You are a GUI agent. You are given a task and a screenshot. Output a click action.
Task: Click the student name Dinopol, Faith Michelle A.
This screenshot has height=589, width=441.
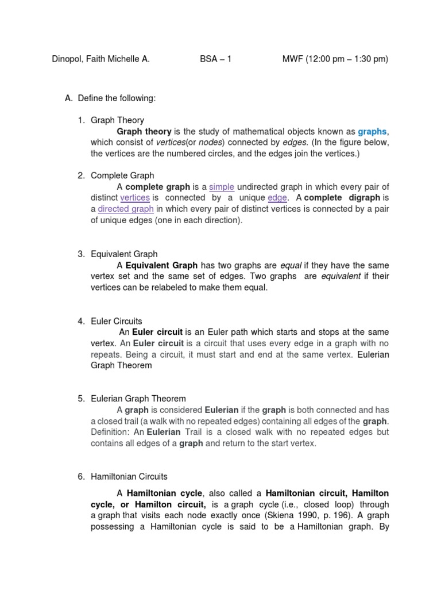100,59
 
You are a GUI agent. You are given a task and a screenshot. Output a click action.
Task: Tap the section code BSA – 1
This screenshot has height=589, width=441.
215,59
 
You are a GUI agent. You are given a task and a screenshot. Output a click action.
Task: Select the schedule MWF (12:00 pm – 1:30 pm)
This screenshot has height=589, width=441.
335,59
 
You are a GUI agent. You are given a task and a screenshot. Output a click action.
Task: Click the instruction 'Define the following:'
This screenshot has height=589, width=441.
117,98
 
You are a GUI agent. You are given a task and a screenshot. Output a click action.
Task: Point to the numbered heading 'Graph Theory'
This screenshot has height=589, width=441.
117,120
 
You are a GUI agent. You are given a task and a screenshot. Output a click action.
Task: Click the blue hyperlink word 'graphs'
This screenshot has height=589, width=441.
372,131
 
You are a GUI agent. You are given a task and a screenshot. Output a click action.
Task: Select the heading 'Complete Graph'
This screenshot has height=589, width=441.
122,175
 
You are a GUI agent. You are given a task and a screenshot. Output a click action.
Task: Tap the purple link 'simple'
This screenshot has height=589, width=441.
222,187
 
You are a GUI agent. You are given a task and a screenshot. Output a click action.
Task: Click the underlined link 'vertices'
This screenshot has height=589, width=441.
135,198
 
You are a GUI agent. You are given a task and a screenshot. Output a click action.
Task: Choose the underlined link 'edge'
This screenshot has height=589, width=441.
277,198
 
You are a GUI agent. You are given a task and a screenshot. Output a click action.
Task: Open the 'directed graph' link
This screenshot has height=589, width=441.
126,209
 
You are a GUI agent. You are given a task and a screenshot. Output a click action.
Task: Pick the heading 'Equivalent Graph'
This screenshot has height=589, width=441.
124,254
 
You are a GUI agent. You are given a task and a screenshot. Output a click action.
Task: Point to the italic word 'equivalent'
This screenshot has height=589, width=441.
341,276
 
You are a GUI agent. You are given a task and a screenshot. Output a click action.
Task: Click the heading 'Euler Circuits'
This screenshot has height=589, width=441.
117,321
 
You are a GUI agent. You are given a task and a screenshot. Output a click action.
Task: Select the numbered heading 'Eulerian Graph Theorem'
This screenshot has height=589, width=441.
138,399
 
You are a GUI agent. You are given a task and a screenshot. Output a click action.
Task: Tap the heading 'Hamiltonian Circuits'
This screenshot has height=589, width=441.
129,476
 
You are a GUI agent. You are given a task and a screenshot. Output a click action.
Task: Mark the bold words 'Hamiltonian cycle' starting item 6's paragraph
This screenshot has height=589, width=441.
164,494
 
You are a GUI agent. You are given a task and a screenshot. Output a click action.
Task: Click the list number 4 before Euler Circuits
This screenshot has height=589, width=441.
81,321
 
